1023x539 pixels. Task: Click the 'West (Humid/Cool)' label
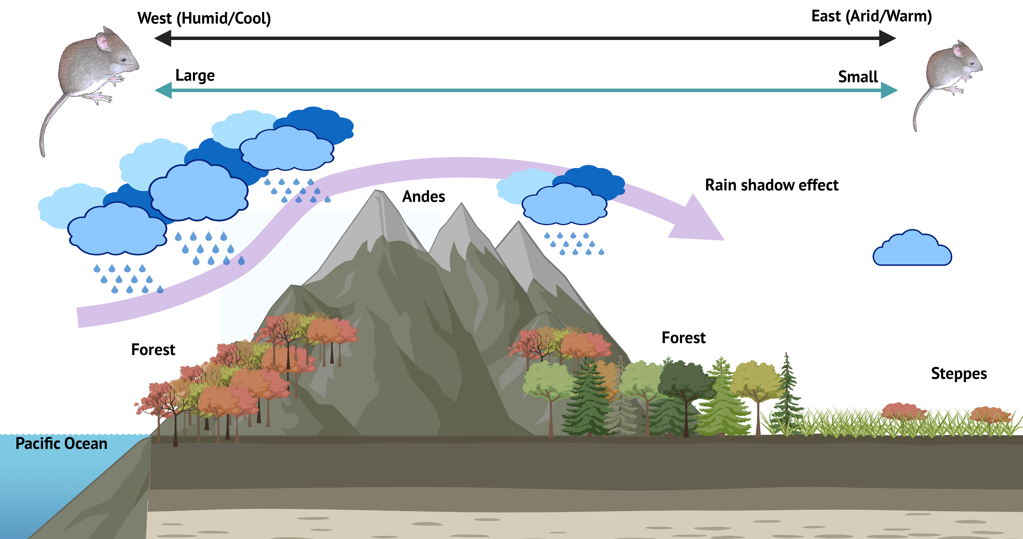[204, 18]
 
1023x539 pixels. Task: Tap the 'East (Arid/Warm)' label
[871, 16]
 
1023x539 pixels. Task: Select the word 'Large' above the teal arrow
[195, 75]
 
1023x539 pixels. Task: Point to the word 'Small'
[858, 77]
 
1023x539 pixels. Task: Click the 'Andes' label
[423, 196]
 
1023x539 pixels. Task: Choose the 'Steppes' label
[959, 373]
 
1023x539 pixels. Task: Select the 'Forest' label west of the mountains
[153, 350]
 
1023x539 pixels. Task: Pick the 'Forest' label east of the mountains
[683, 338]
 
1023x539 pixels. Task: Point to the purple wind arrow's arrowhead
[699, 222]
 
